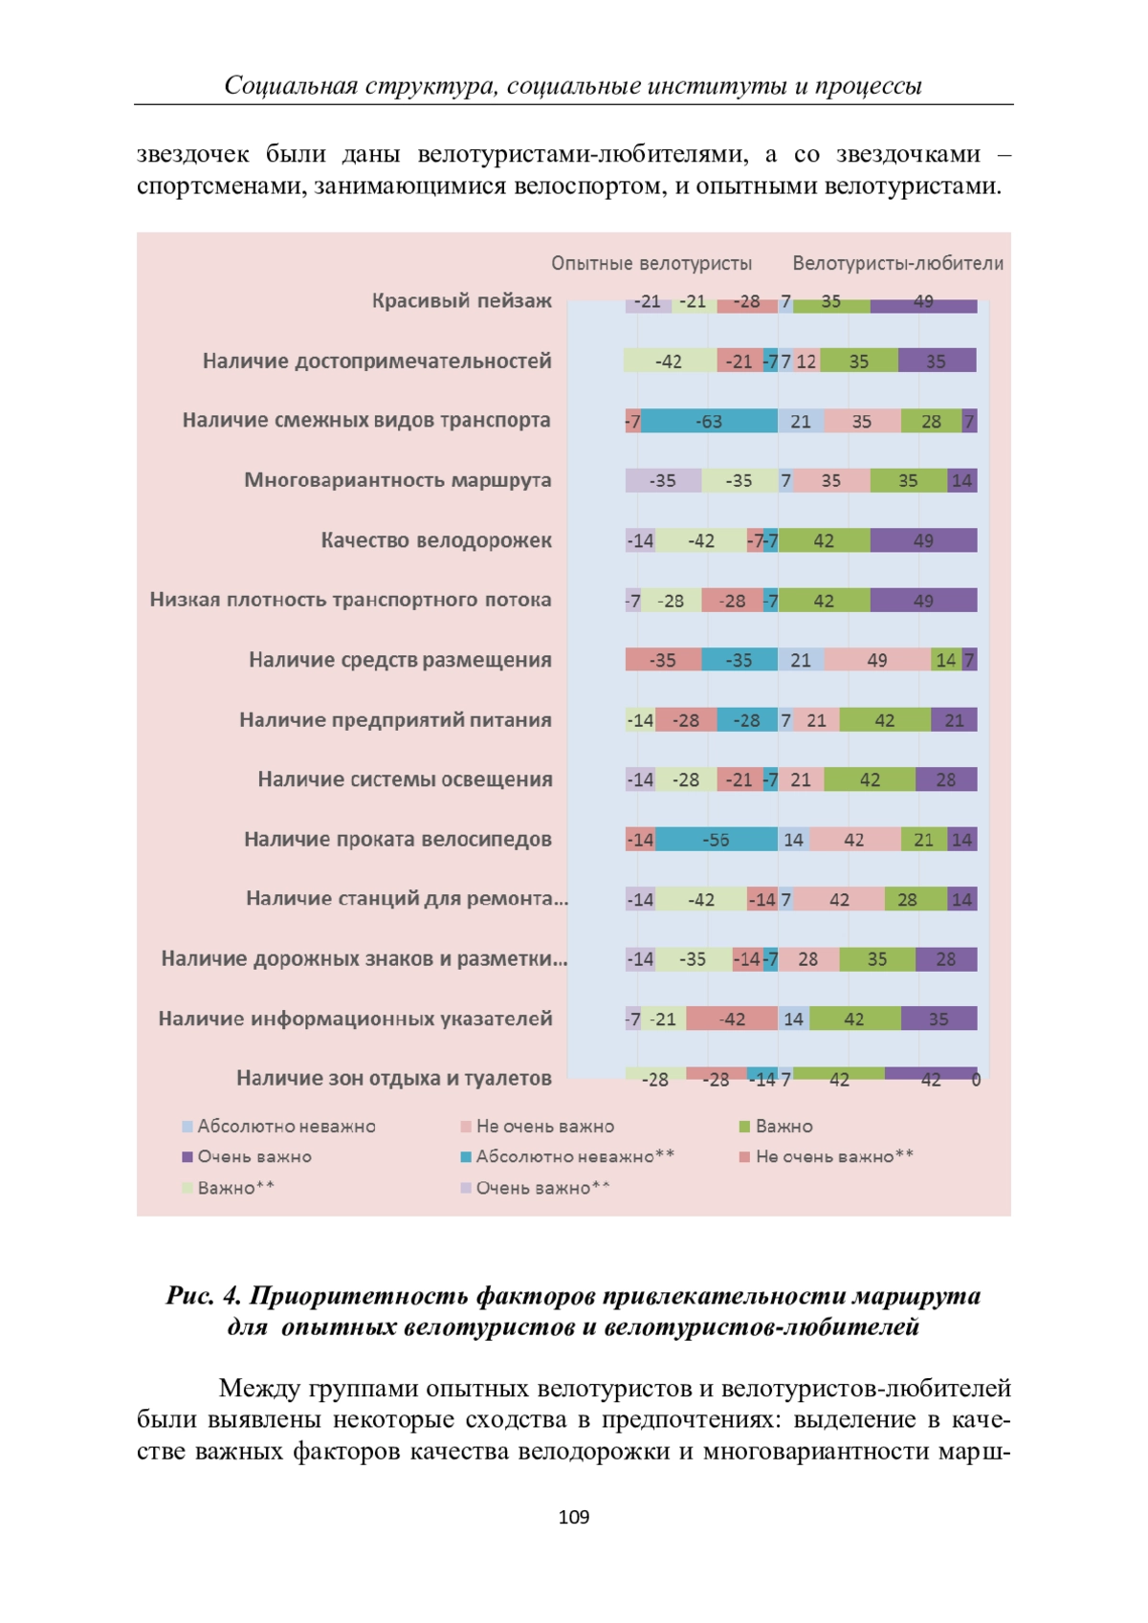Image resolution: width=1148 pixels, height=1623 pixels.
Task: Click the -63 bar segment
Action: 709,421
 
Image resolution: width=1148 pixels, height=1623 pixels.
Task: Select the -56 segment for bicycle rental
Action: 717,839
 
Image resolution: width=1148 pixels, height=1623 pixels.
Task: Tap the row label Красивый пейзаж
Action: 462,300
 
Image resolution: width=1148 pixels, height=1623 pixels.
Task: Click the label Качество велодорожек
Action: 436,539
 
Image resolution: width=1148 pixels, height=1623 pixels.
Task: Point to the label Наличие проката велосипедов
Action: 398,839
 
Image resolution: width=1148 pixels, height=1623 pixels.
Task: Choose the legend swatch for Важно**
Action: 187,1188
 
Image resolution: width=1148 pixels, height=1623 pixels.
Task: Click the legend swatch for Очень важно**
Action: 466,1188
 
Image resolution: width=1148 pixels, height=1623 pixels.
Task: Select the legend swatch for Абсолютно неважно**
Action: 466,1157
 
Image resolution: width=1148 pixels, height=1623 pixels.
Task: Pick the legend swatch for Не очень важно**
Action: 744,1157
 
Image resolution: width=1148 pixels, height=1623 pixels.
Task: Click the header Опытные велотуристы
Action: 651,263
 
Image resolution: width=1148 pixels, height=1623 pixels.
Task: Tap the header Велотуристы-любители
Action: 898,263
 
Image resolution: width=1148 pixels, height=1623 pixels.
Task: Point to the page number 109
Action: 574,1517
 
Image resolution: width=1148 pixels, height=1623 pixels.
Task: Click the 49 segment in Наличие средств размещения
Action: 877,659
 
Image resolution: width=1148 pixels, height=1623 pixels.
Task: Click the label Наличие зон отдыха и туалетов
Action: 394,1078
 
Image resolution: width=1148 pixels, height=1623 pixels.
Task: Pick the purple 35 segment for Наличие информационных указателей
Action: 938,1018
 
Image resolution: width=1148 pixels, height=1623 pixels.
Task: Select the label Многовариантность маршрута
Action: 398,480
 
